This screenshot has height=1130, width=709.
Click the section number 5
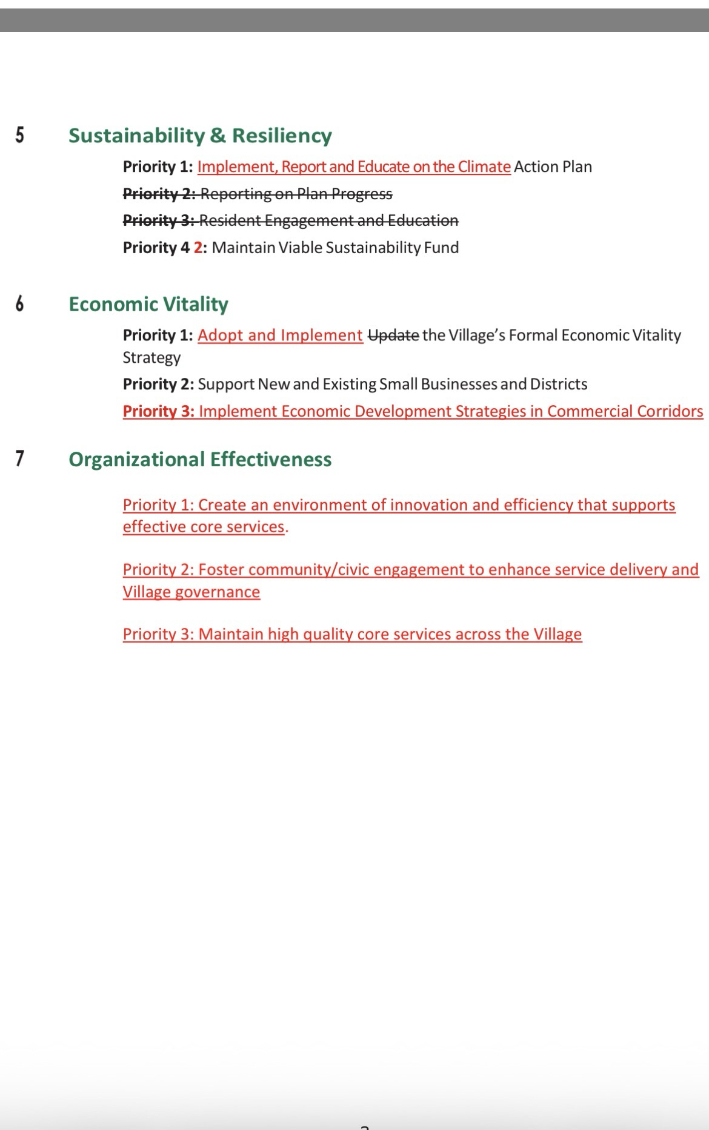coord(20,134)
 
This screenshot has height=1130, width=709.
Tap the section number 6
coord(20,303)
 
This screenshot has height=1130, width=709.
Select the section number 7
coord(20,458)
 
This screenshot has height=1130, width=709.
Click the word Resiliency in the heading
coord(282,135)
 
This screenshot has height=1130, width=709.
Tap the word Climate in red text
coord(484,167)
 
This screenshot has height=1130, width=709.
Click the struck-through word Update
coord(393,335)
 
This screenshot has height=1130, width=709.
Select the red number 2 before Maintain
coord(198,247)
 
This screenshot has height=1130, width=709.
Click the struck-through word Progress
coord(362,194)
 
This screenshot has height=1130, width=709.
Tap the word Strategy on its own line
coord(151,357)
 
